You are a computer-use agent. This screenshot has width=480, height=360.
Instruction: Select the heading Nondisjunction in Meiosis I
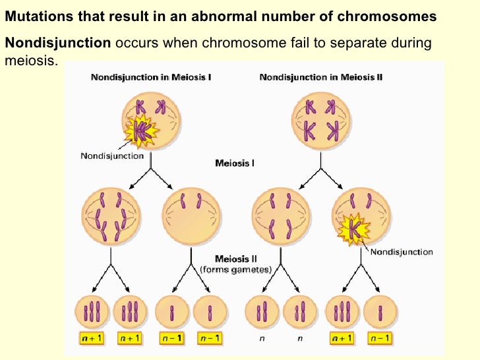click(151, 77)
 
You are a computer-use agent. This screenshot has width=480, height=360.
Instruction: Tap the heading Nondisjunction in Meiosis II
click(321, 77)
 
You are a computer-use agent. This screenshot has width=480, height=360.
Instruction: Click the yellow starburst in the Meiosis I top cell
click(142, 129)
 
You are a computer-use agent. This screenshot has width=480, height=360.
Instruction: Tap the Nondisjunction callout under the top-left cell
click(112, 156)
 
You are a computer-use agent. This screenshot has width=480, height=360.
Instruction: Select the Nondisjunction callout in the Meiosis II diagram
click(402, 252)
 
